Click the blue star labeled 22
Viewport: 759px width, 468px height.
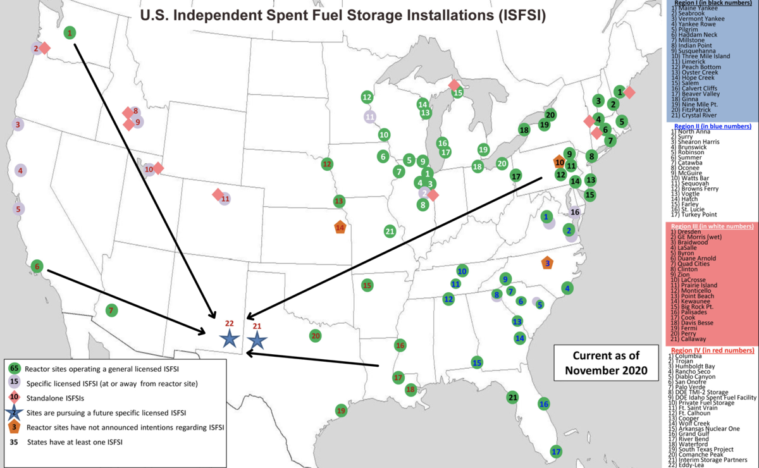229,340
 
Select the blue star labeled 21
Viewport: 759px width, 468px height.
257,341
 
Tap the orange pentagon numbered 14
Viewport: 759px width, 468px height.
340,227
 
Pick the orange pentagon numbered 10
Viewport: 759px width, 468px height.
558,162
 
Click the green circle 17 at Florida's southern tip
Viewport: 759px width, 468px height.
556,452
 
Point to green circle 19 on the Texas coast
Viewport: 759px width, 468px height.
342,410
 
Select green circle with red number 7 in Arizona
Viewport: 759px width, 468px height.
111,311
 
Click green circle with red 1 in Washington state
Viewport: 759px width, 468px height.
70,32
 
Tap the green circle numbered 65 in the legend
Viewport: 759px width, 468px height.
14,368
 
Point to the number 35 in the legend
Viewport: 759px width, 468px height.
14,442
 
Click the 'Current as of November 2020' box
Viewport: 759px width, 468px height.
607,362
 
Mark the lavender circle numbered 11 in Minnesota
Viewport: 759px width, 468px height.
370,116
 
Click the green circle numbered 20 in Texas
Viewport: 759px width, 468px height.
315,336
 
